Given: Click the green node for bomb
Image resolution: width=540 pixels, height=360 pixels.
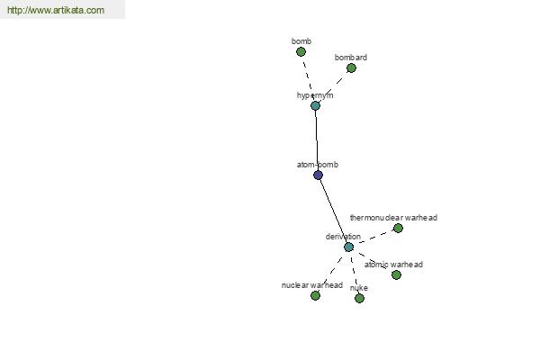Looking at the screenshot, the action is point(301,52).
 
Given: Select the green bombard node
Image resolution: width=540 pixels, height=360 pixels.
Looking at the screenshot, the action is point(351,68).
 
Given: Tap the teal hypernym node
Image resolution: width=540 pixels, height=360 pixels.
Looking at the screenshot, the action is point(316,106).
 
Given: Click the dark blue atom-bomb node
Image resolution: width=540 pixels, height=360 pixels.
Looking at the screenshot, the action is point(319,175).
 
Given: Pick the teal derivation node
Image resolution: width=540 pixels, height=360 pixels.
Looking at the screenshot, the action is point(349,247).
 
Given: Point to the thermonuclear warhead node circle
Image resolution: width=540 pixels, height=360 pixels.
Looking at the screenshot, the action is point(398,228).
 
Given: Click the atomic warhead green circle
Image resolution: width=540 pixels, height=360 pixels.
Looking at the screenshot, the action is point(396,274).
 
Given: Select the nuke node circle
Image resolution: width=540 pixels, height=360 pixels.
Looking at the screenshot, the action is point(359,298).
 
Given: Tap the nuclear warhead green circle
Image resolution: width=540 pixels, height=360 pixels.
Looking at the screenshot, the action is point(316,295).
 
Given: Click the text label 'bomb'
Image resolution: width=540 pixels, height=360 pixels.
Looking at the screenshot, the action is point(301,41).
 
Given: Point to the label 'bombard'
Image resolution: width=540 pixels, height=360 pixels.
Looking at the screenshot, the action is point(351,58).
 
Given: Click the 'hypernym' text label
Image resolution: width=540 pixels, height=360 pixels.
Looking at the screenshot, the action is point(315,95).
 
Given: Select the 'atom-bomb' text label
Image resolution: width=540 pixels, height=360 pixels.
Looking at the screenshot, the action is point(318,165).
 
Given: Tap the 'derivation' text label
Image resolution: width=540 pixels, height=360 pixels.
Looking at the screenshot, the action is point(343,237).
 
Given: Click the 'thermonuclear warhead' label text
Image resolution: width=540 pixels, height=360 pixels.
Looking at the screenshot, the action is point(393,218).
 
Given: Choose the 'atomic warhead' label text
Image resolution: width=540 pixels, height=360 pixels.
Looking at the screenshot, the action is point(393,265).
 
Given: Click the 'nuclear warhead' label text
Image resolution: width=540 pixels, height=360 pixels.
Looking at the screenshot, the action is point(312,285).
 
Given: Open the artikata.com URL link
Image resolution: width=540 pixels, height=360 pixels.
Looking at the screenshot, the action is point(56,10).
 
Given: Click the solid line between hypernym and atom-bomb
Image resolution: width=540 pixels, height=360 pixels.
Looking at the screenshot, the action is point(317,140).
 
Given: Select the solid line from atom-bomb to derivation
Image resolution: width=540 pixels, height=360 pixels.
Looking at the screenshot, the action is point(333,211).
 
